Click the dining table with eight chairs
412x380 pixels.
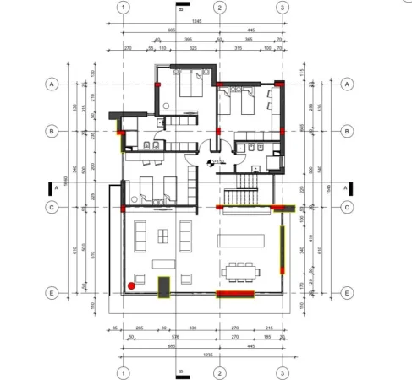[x=241, y=271]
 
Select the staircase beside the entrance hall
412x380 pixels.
[x=248, y=181]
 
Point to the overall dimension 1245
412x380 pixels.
[x=196, y=20]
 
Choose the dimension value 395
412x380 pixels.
[x=188, y=40]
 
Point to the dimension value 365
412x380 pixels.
[x=249, y=40]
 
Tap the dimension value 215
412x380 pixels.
[x=269, y=328]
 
